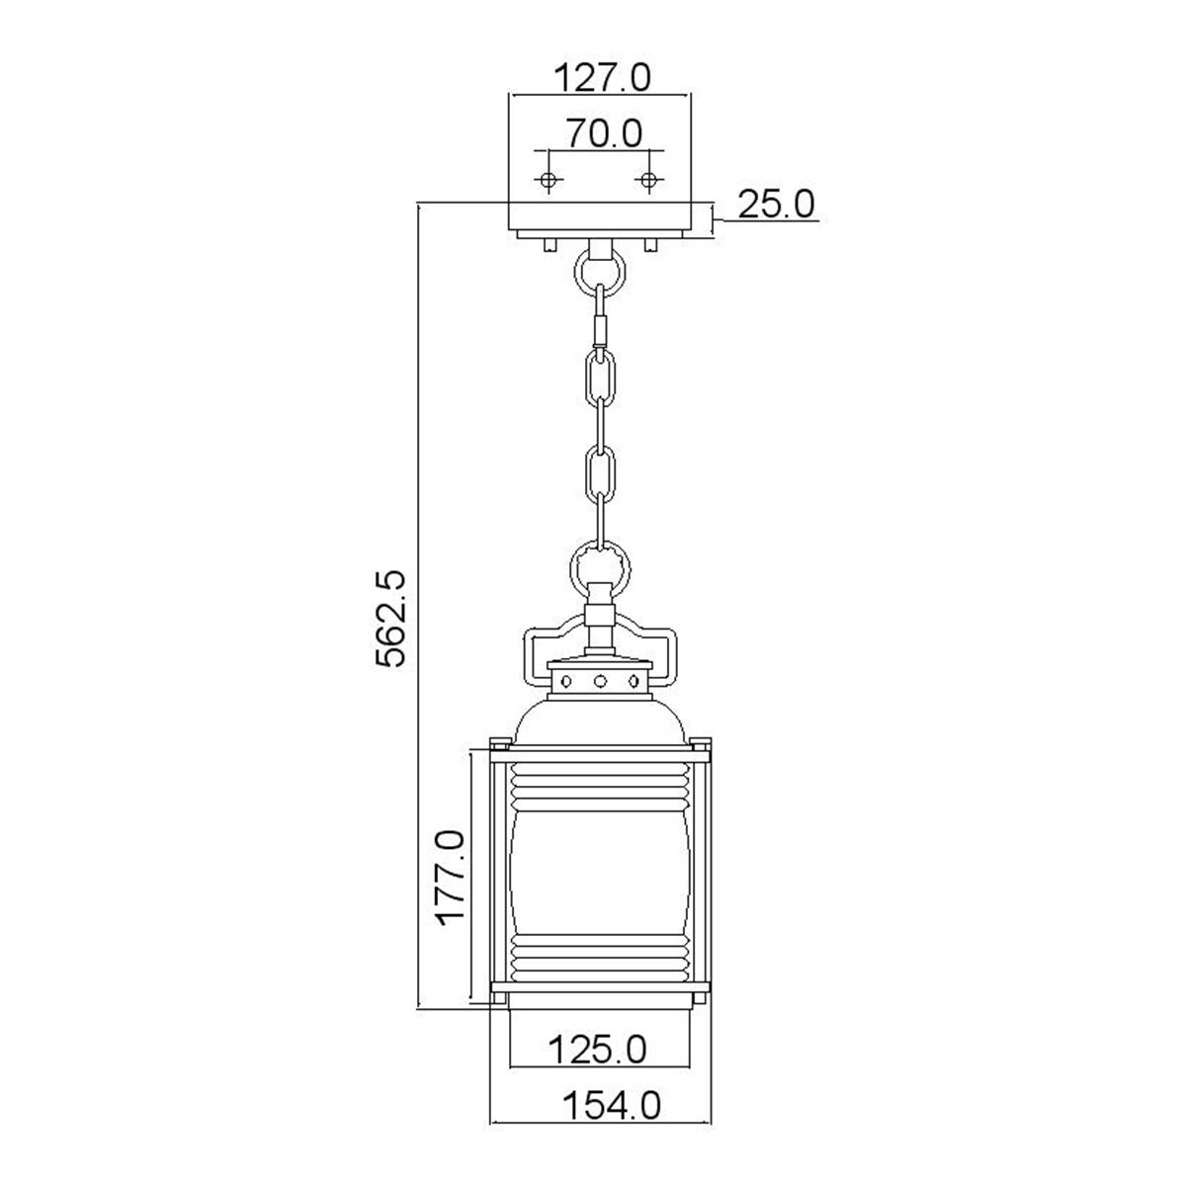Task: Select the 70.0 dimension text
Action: (604, 131)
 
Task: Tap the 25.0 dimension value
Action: (776, 205)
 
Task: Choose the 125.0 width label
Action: (600, 1048)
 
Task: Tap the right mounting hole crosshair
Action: (648, 180)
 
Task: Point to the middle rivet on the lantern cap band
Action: (600, 681)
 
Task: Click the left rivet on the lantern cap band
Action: (567, 681)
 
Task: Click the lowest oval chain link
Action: (600, 473)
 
